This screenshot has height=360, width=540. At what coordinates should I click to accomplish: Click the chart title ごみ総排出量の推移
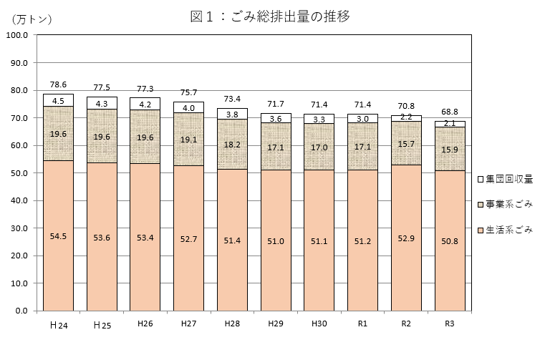pos(270,16)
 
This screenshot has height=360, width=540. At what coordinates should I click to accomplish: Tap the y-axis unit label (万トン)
pos(32,19)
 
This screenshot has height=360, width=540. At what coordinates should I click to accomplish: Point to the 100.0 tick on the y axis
pos(15,35)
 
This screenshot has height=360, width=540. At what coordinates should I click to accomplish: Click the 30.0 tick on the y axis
pos(15,228)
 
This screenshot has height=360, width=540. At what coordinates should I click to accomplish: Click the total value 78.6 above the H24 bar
pos(58,84)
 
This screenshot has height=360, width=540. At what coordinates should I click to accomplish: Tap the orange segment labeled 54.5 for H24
pos(58,235)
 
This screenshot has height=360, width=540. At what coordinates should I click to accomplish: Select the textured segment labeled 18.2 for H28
pos(232,144)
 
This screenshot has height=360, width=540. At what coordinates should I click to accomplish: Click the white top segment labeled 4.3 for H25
pos(102,103)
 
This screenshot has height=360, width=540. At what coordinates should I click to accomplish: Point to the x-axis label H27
pos(188,324)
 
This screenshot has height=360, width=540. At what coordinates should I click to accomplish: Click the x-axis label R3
pos(450,324)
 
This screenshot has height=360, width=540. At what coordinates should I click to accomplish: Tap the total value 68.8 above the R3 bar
pos(450,112)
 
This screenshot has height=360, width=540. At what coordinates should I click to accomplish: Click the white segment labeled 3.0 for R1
pos(362,119)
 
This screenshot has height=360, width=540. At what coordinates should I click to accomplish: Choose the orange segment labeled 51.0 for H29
pos(276,240)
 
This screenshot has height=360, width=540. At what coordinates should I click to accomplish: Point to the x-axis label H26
pos(145,324)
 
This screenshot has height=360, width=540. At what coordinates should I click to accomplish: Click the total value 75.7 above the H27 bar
pos(188,92)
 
